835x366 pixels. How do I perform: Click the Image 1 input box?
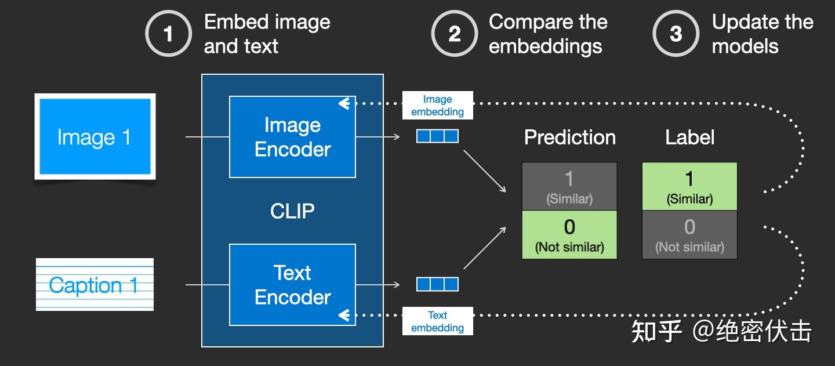(95, 136)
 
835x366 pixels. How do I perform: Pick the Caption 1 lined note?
(95, 284)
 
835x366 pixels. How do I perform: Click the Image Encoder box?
(293, 137)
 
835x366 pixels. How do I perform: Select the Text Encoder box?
(293, 285)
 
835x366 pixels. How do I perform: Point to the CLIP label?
(292, 211)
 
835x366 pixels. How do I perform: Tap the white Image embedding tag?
(438, 105)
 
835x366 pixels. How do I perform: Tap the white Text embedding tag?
(438, 321)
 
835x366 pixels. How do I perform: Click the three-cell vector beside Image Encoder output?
(437, 136)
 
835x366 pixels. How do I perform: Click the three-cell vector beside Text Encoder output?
(437, 284)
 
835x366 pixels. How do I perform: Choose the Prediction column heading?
(570, 137)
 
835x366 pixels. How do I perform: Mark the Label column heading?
(690, 137)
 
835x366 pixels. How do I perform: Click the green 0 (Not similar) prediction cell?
(569, 235)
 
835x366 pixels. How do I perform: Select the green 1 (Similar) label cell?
(689, 186)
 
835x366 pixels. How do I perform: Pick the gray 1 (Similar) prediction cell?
(569, 186)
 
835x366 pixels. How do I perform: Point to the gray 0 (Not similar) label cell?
(689, 235)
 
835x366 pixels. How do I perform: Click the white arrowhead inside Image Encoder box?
(344, 103)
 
